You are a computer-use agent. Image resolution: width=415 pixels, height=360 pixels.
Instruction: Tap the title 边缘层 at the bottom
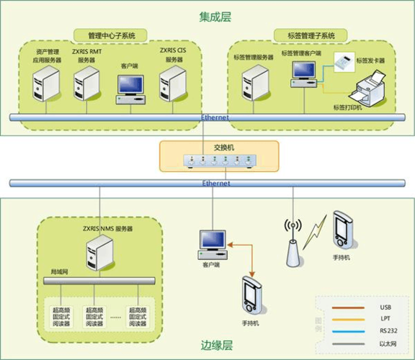point(216,346)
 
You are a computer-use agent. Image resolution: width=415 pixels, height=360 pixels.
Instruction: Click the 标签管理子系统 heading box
point(311,35)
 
